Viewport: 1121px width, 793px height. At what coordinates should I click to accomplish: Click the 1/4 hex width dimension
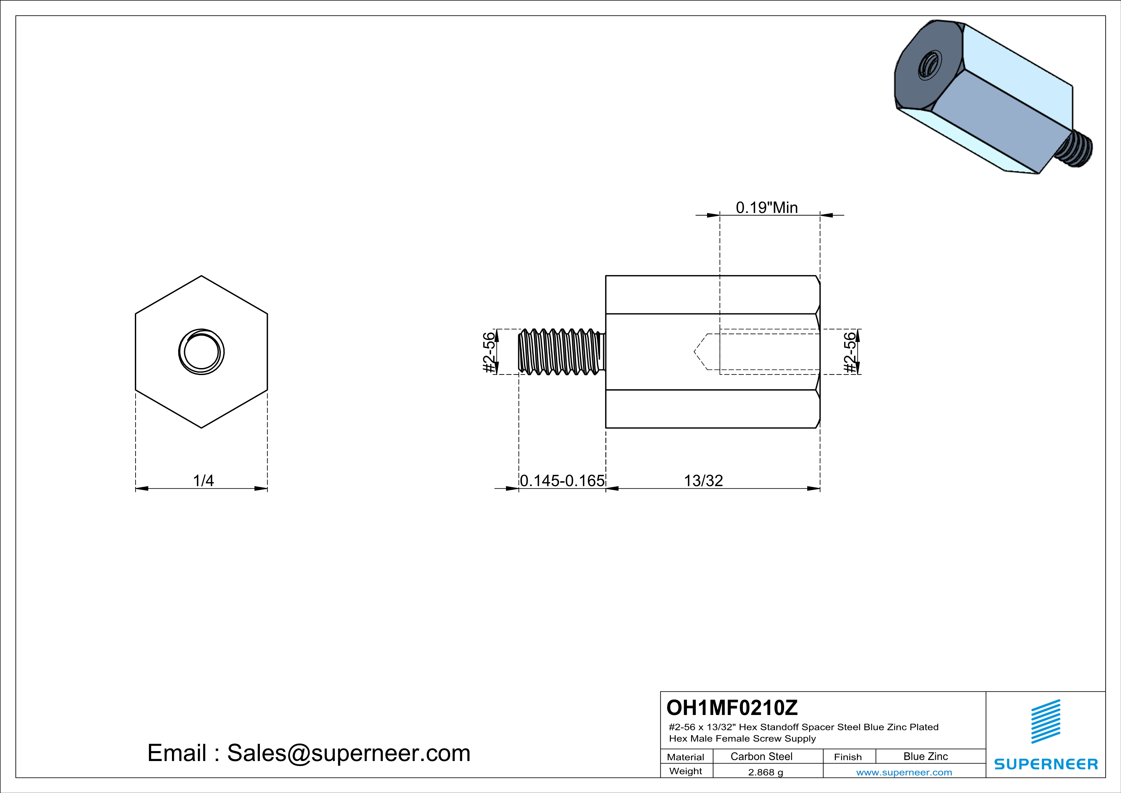pyautogui.click(x=203, y=481)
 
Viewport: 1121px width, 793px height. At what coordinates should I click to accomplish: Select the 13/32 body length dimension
pyautogui.click(x=703, y=481)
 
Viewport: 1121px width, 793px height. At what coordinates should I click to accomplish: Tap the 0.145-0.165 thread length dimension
pyautogui.click(x=562, y=481)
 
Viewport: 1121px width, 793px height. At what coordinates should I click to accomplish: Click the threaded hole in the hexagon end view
pyautogui.click(x=201, y=352)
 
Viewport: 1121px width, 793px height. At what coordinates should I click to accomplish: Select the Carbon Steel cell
pyautogui.click(x=761, y=756)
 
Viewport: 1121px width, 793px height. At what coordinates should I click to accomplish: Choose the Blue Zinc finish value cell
pyautogui.click(x=925, y=756)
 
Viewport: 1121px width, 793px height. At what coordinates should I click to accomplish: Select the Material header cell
pyautogui.click(x=686, y=757)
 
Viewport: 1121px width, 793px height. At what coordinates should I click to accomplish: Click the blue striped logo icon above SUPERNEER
pyautogui.click(x=1045, y=721)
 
